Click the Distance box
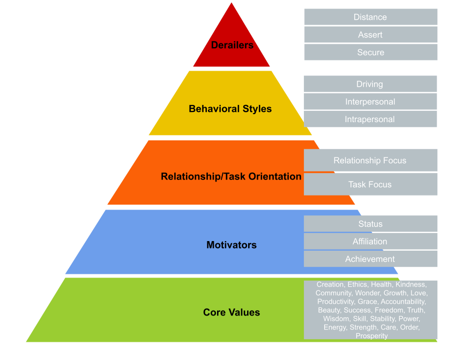pyautogui.click(x=370, y=17)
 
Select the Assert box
pyautogui.click(x=370, y=35)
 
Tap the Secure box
pyautogui.click(x=370, y=52)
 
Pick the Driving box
pyautogui.click(x=370, y=84)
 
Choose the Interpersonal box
pyautogui.click(x=370, y=102)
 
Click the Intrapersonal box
pyautogui.click(x=370, y=119)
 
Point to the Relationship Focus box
pyautogui.click(x=370, y=161)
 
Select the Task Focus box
pyautogui.click(x=370, y=184)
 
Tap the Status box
pyautogui.click(x=370, y=224)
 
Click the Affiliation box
pyautogui.click(x=370, y=242)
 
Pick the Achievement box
pyautogui.click(x=370, y=259)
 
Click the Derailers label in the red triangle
pyautogui.click(x=232, y=46)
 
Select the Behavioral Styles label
pyautogui.click(x=230, y=109)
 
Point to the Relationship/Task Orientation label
pyautogui.click(x=231, y=176)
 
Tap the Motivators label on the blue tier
pyautogui.click(x=231, y=245)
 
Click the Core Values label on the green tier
pyautogui.click(x=231, y=312)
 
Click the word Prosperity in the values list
pyautogui.click(x=371, y=336)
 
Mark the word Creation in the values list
pyautogui.click(x=330, y=284)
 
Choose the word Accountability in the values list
pyautogui.click(x=403, y=302)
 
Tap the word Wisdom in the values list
pyautogui.click(x=336, y=319)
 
